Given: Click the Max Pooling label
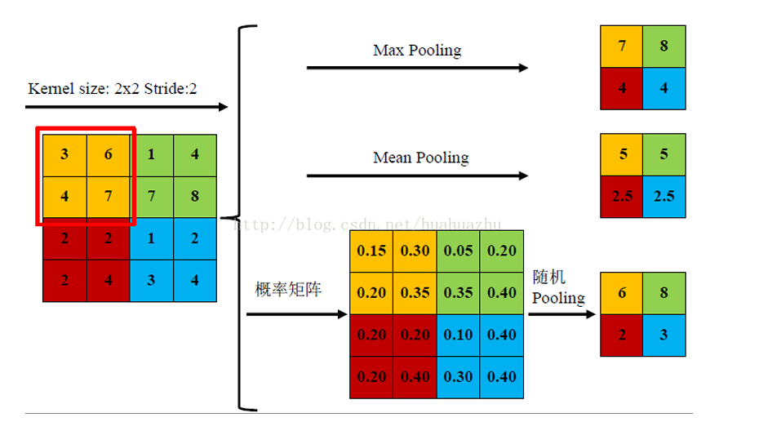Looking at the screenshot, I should click(x=417, y=51).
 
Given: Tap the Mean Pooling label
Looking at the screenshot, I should click(x=420, y=157).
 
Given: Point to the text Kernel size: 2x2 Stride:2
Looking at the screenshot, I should click(x=113, y=88).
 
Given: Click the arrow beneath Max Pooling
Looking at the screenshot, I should click(x=418, y=68).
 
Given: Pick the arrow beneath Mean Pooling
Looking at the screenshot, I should click(x=418, y=175).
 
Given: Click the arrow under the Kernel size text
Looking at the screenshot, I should click(x=126, y=107).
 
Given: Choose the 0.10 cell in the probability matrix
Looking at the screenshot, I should click(x=458, y=335).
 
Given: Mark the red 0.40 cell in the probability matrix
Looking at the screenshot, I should click(x=415, y=377).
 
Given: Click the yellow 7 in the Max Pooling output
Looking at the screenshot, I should click(x=622, y=47).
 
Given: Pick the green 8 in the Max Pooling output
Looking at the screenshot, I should click(x=664, y=47).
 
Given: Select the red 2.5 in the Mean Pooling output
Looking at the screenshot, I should click(x=622, y=197).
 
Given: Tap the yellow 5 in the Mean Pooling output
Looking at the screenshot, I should click(x=622, y=154).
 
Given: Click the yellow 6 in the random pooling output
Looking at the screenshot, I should click(x=622, y=293).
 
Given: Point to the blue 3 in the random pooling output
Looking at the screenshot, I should click(x=664, y=335).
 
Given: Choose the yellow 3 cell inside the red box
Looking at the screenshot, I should click(x=64, y=155).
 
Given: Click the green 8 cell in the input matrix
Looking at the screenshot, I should click(x=194, y=197).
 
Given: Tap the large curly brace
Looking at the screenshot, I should click(x=242, y=217).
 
